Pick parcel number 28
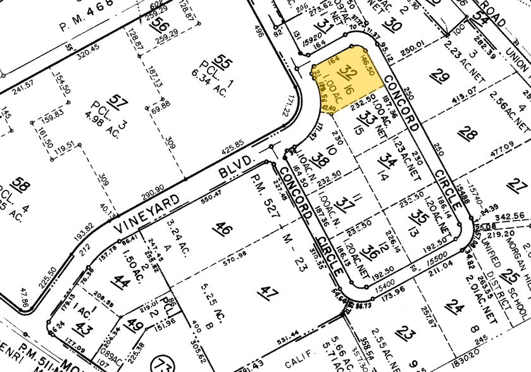click(x=469, y=133)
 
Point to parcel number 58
click(x=22, y=187)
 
